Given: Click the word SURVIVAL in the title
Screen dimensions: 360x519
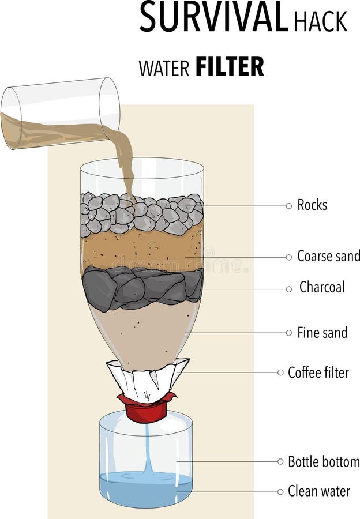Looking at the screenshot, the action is click(213, 17).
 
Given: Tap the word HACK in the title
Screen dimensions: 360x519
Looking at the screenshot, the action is click(321, 21).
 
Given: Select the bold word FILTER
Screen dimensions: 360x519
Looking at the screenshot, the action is click(230, 67).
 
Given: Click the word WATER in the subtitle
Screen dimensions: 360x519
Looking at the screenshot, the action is click(164, 68).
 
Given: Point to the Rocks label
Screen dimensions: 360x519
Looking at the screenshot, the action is click(312, 205).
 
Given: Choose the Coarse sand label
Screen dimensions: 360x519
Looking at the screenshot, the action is click(328, 256).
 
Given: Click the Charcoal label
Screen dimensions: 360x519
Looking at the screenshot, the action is click(321, 287).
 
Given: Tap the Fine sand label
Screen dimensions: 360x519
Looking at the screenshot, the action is click(322, 333).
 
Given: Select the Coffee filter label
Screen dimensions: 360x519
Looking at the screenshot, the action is click(318, 373).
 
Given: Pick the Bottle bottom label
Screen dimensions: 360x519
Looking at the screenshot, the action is click(324, 461).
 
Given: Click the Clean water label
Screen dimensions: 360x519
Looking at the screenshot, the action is click(319, 492).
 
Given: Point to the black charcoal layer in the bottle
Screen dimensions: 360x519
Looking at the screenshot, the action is click(142, 287).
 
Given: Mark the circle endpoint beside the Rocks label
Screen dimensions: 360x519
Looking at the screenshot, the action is click(289, 206).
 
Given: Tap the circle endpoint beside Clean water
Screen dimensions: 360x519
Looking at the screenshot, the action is click(281, 492).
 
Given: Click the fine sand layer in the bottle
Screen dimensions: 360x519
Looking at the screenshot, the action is click(141, 334).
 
